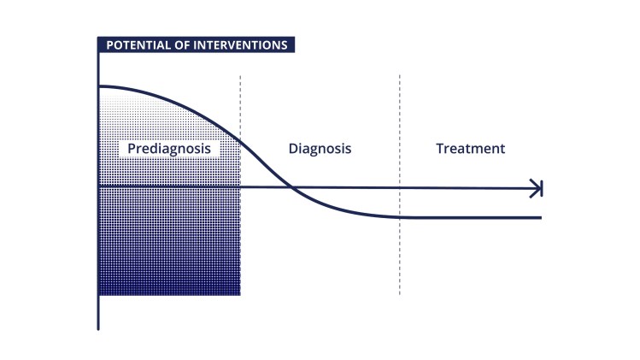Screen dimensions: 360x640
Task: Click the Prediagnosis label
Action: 168,149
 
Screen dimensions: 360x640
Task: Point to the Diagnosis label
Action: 320,149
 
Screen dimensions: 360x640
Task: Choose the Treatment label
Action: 470,149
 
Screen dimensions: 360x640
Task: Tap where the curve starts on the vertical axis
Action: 99,86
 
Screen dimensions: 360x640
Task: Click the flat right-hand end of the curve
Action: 538,217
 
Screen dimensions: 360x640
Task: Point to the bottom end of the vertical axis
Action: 99,328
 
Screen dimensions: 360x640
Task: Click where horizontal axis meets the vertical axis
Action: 99,186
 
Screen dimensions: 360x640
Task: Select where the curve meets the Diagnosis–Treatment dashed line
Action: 399,216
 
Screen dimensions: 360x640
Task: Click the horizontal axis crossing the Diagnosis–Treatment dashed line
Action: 399,188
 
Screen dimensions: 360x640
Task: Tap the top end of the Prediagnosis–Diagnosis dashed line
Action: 240,76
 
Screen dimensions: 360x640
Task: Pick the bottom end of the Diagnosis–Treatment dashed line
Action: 399,295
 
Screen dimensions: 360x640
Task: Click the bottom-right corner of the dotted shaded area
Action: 239,294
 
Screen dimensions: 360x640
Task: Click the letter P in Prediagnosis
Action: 132,149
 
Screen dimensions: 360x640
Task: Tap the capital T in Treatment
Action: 440,149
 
